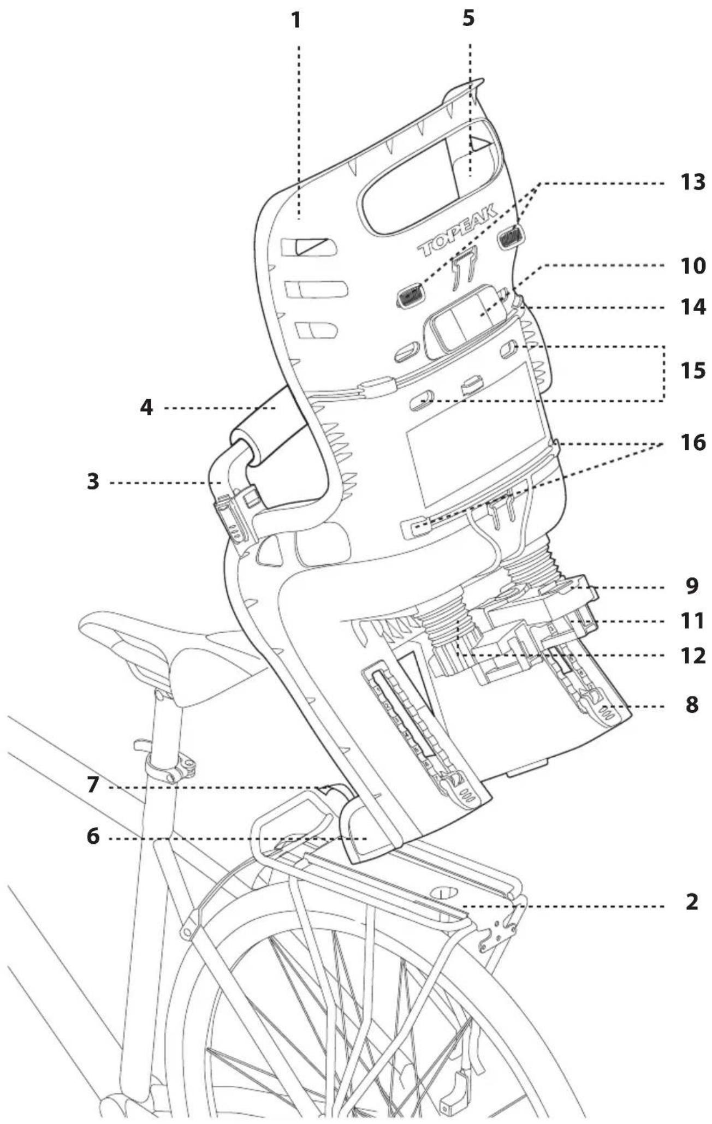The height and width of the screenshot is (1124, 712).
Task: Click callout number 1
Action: [295, 21]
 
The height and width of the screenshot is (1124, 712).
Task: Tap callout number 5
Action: [468, 18]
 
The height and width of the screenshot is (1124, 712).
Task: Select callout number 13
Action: [692, 182]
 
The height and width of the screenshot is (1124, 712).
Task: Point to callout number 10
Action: [692, 267]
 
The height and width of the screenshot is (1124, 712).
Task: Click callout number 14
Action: [692, 307]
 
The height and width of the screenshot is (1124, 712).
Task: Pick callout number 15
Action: [692, 371]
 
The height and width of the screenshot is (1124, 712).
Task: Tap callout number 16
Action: [692, 443]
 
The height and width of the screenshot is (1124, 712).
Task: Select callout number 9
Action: [692, 586]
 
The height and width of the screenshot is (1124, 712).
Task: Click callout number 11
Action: [692, 621]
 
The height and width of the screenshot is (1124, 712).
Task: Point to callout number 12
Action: [692, 655]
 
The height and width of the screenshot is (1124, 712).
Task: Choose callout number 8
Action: [692, 705]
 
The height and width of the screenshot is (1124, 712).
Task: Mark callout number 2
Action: [692, 902]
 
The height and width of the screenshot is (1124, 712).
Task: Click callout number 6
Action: [93, 837]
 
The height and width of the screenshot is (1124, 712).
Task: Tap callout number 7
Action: [93, 786]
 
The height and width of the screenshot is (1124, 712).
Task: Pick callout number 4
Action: [146, 407]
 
